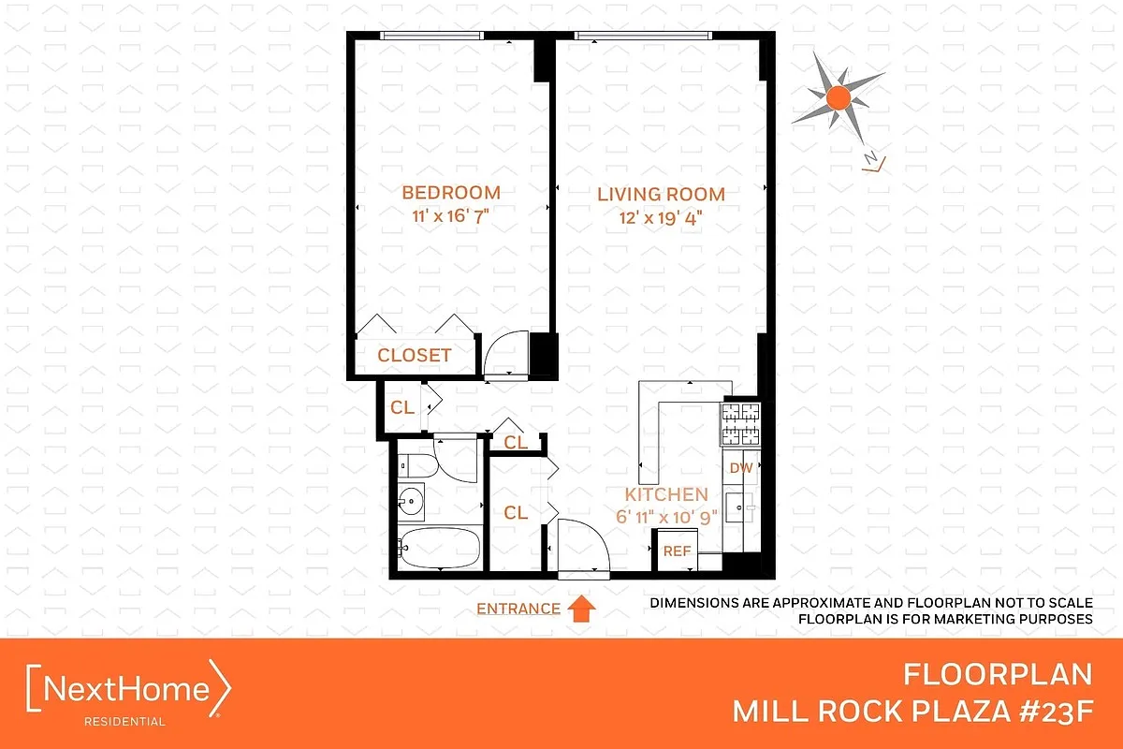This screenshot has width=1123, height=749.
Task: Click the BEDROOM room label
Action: (x=451, y=193)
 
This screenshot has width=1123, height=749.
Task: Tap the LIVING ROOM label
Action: (x=662, y=195)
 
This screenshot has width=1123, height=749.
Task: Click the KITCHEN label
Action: (x=666, y=494)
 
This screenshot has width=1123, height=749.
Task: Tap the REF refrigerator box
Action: (x=677, y=551)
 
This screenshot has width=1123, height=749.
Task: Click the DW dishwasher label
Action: (x=740, y=467)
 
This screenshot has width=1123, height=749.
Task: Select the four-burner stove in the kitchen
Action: (x=739, y=423)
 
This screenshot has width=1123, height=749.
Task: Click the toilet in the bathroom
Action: (x=416, y=463)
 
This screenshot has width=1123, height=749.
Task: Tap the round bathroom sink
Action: (x=410, y=503)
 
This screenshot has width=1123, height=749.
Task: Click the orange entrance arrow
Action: (x=582, y=609)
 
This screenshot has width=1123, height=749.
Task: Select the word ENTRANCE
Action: (x=518, y=609)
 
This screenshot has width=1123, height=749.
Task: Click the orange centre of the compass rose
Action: (x=839, y=96)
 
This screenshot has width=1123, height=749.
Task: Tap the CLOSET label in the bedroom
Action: (x=414, y=356)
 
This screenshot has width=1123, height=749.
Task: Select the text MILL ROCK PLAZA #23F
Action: (x=912, y=712)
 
